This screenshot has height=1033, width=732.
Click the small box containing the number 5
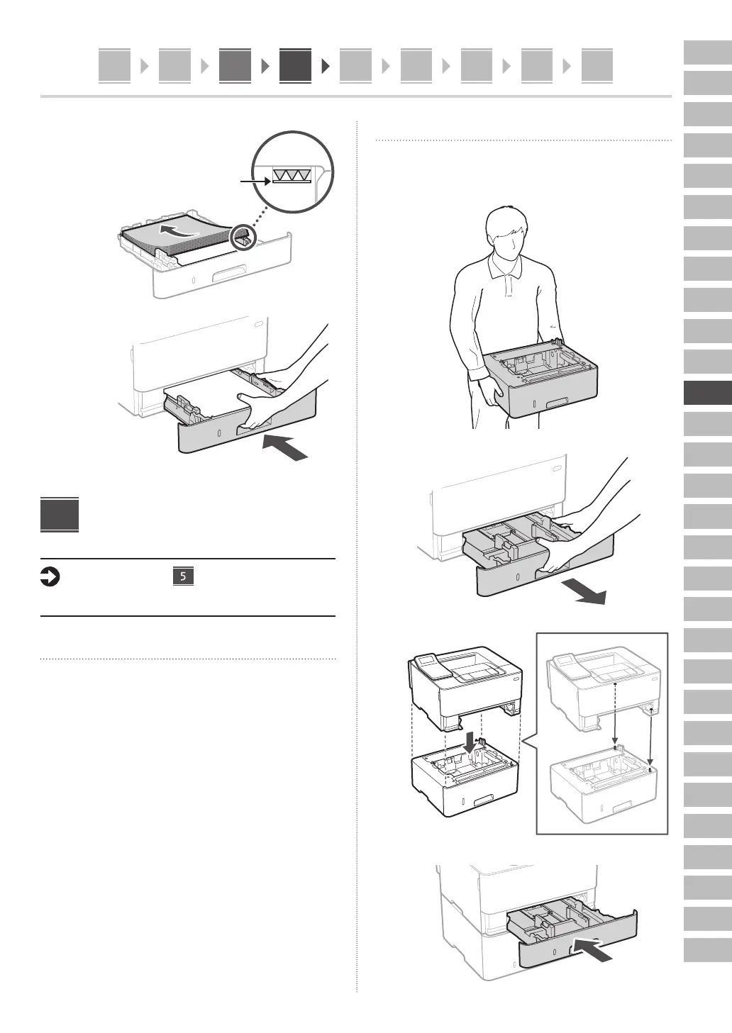pyautogui.click(x=183, y=576)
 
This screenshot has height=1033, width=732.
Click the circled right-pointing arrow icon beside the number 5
pyautogui.click(x=50, y=578)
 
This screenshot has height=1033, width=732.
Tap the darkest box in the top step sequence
pyautogui.click(x=295, y=66)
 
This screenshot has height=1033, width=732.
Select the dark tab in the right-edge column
pyautogui.click(x=707, y=393)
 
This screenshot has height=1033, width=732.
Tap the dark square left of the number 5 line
pyautogui.click(x=60, y=515)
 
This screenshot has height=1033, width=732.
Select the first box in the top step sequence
pyautogui.click(x=114, y=66)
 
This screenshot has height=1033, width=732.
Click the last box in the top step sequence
pyautogui.click(x=597, y=66)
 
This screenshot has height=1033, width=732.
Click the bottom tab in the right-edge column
pyautogui.click(x=707, y=949)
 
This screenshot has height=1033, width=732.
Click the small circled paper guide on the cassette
pyautogui.click(x=243, y=238)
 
